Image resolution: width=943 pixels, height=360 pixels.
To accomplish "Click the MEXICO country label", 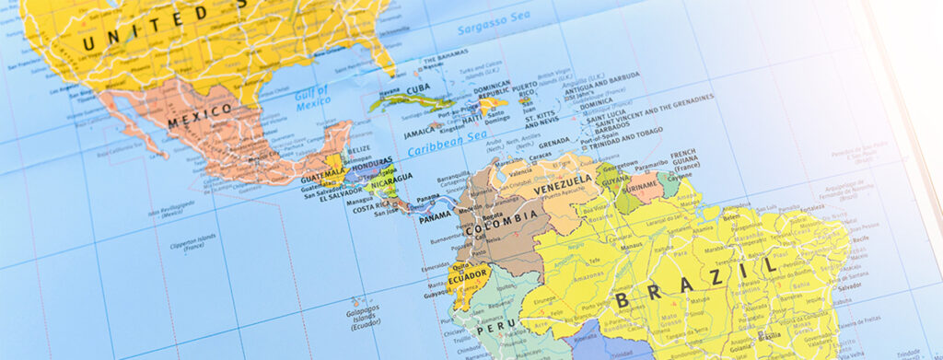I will (200, 114).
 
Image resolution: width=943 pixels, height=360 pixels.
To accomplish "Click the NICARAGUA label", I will (392, 180).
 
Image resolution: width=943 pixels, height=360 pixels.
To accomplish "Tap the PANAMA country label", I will (435, 218).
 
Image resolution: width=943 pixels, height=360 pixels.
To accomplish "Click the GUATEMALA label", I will (322, 171).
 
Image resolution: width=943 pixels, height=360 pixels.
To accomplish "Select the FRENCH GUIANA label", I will (685, 159).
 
